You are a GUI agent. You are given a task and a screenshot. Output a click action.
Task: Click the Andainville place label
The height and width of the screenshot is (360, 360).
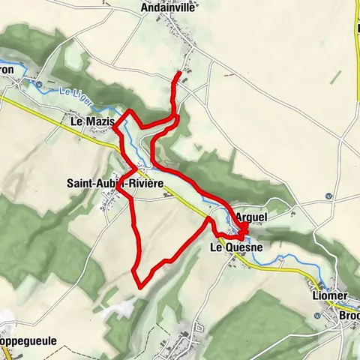[x=168, y=8]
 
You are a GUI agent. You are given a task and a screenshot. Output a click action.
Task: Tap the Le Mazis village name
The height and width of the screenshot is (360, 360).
[x=92, y=121]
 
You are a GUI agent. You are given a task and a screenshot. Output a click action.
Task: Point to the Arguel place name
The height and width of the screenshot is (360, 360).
[x=250, y=216]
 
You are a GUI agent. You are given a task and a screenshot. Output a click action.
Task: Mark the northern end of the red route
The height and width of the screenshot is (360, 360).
[x=178, y=73]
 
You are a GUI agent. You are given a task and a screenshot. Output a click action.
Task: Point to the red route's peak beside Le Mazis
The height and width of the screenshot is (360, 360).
[x=131, y=112]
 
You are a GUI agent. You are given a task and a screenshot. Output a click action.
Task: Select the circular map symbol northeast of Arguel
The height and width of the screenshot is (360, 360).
[x=328, y=196]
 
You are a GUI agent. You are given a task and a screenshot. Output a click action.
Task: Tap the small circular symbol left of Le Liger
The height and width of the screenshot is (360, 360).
[x=38, y=85]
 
